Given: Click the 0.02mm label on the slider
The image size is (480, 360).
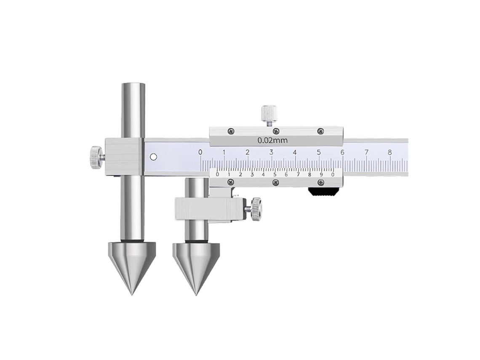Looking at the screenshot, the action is click(272, 141).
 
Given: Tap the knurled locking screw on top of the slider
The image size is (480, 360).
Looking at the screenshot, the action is click(269, 113).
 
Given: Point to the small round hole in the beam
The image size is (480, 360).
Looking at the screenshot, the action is click(154, 157).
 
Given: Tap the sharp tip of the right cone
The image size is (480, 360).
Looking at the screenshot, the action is click(196, 295).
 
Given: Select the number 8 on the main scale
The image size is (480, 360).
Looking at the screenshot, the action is click(390, 152).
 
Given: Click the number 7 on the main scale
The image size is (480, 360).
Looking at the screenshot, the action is click(366, 152).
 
